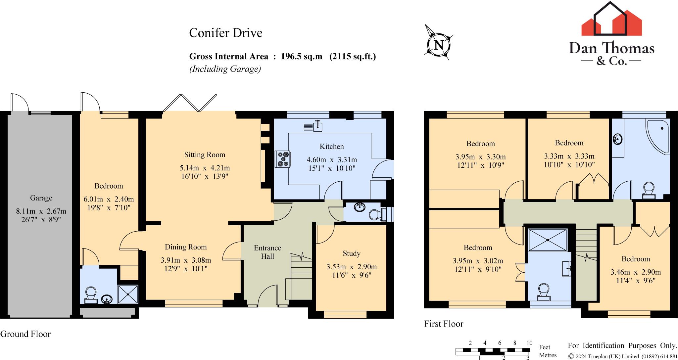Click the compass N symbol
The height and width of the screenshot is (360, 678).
click(x=439, y=45)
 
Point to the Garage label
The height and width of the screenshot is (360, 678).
click(x=41, y=198)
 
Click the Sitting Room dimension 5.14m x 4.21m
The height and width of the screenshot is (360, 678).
click(x=205, y=168)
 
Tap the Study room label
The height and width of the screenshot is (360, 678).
click(x=351, y=253)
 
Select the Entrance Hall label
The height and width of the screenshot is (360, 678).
click(x=267, y=252)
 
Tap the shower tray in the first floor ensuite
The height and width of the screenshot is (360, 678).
click(x=548, y=240)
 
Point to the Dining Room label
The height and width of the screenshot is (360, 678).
click(x=186, y=247)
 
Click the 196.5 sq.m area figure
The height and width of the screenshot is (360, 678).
click(x=301, y=57)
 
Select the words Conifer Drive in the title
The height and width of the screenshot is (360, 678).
click(x=226, y=33)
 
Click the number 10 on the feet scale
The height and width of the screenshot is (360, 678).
click(x=529, y=343)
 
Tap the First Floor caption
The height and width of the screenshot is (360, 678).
click(x=444, y=324)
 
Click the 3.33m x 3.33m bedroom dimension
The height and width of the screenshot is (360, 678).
click(x=569, y=156)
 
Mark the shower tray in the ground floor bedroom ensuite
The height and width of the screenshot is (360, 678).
click(x=128, y=293)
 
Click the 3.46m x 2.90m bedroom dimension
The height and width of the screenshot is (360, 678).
click(x=636, y=272)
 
